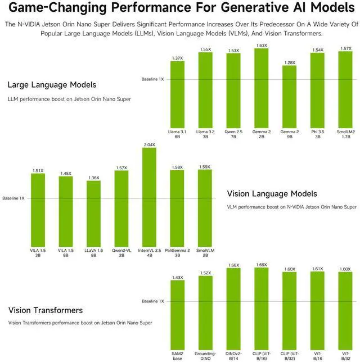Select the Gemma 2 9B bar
[289, 97]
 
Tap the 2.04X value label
[150, 144]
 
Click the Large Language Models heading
[52, 85]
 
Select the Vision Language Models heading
[272, 193]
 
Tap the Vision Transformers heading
[46, 310]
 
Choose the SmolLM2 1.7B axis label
[345, 133]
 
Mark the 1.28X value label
[289, 62]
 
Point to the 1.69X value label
[262, 264]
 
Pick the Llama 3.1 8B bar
[177, 94]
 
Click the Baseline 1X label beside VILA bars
[13, 198]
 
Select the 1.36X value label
[94, 178]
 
